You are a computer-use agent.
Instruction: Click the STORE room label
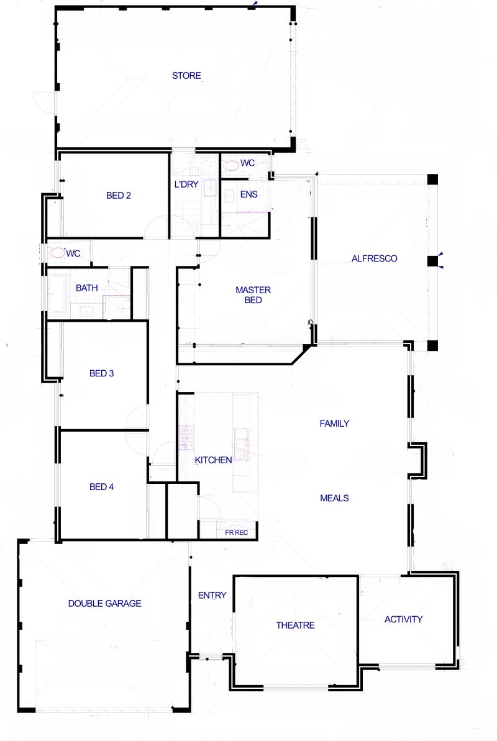pyautogui.click(x=186, y=76)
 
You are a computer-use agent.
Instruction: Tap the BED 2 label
pyautogui.click(x=118, y=196)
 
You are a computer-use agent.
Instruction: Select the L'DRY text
pyautogui.click(x=186, y=184)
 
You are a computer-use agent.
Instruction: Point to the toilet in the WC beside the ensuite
pyautogui.click(x=231, y=165)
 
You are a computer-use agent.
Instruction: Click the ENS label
pyautogui.click(x=248, y=194)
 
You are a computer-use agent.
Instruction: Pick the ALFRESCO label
pyautogui.click(x=374, y=258)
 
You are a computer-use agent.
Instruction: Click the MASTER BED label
pyautogui.click(x=253, y=295)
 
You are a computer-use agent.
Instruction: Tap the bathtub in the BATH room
pyautogui.click(x=58, y=293)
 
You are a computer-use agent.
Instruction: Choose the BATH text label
pyautogui.click(x=86, y=288)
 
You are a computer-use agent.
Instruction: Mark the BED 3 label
pyautogui.click(x=102, y=373)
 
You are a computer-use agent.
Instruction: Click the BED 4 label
pyautogui.click(x=102, y=487)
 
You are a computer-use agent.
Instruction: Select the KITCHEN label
pyautogui.click(x=213, y=460)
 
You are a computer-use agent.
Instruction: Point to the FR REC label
pyautogui.click(x=237, y=532)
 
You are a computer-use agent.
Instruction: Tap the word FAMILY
pyautogui.click(x=334, y=424)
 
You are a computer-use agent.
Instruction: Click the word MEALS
pyautogui.click(x=334, y=498)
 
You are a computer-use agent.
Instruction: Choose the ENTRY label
pyautogui.click(x=212, y=596)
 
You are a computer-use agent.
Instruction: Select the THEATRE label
pyautogui.click(x=296, y=625)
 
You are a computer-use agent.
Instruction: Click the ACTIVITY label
pyautogui.click(x=403, y=619)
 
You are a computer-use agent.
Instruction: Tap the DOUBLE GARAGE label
pyautogui.click(x=104, y=604)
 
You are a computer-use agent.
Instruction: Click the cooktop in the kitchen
pyautogui.click(x=187, y=437)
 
